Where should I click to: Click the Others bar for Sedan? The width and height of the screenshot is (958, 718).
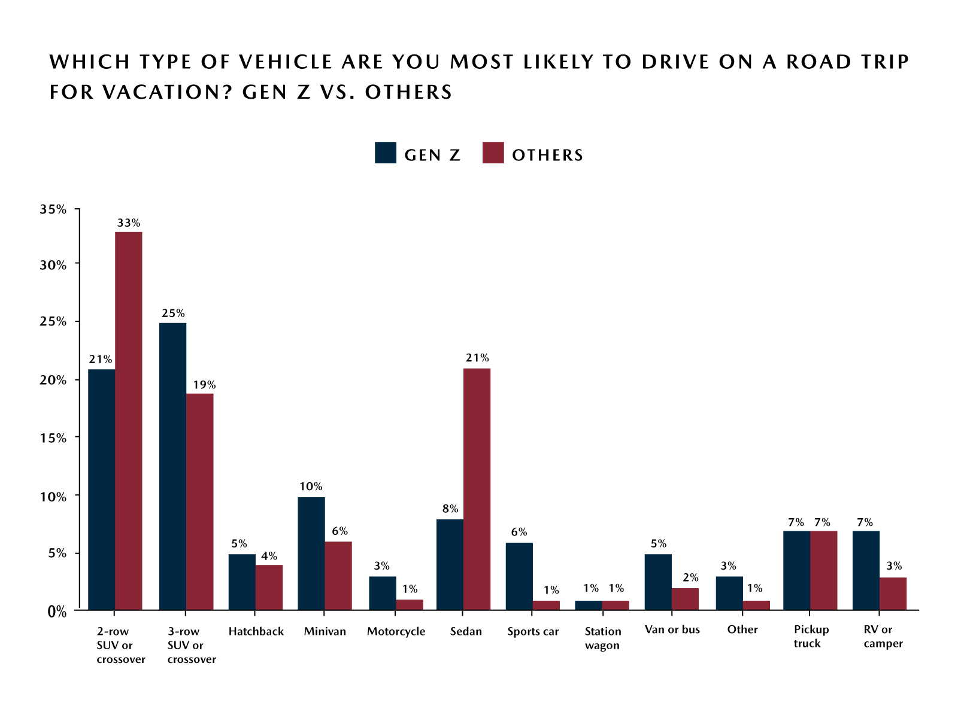click(x=477, y=489)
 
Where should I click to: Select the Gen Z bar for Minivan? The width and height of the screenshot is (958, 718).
click(x=311, y=553)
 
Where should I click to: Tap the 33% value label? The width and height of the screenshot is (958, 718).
click(x=129, y=223)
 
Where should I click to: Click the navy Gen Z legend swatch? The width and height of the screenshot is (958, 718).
click(x=386, y=153)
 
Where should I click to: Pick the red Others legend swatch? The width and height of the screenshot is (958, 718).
click(x=493, y=153)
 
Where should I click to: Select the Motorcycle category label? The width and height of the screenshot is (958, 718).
click(x=396, y=631)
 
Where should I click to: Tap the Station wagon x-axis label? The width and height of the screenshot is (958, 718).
click(x=602, y=638)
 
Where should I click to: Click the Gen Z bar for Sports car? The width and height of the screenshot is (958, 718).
click(x=519, y=576)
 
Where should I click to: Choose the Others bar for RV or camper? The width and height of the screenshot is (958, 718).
click(x=893, y=593)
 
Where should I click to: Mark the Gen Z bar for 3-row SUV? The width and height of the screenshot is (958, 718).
click(x=172, y=466)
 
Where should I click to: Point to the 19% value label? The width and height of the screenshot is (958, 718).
click(x=204, y=385)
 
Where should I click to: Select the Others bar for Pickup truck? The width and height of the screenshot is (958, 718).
click(x=823, y=570)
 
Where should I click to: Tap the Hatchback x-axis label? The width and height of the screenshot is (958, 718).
click(x=256, y=631)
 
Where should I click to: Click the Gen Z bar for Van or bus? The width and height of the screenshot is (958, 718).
click(x=658, y=582)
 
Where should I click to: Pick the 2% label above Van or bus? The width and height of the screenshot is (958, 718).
click(x=690, y=577)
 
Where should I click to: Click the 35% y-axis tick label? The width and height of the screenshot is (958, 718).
click(x=53, y=209)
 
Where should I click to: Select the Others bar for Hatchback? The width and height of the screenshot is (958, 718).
click(x=269, y=587)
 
